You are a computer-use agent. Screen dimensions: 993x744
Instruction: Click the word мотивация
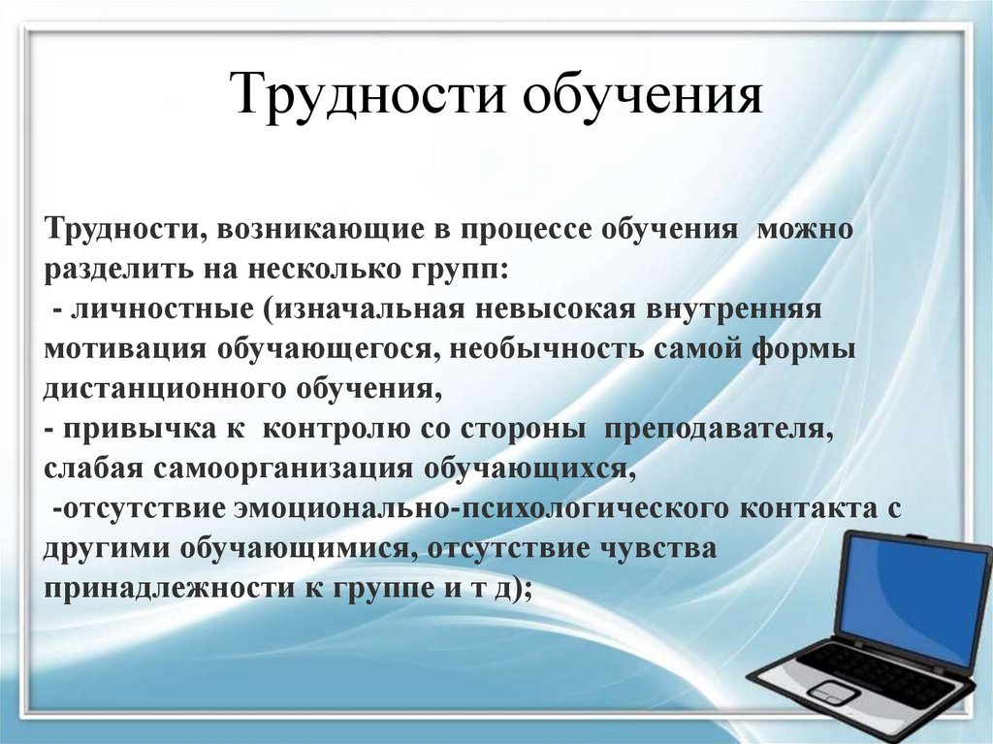click(125, 350)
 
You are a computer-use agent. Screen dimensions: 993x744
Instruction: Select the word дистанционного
click(161, 390)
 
